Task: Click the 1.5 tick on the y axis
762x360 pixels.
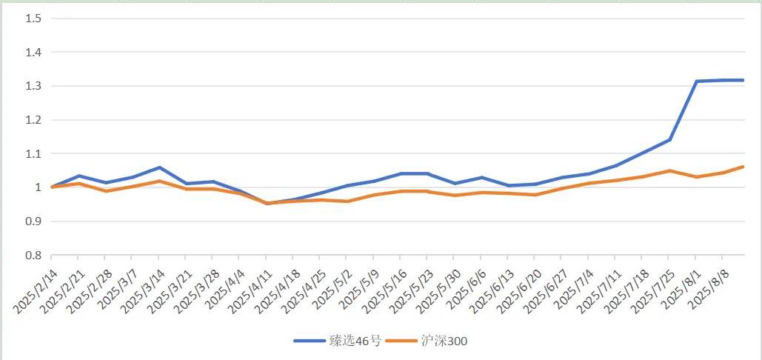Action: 33,19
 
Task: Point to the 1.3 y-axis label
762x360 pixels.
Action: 33,86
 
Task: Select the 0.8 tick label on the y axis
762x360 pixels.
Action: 33,256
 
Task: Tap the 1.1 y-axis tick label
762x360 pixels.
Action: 33,154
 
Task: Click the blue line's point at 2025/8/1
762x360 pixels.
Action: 697,81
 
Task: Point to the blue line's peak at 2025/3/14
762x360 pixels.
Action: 159,167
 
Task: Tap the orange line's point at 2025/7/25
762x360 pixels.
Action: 669,171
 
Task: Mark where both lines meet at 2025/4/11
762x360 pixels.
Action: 267,203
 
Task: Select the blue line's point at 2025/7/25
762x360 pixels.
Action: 669,139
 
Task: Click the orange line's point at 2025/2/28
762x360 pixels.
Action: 105,191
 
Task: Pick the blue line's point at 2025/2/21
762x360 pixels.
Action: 78,176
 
